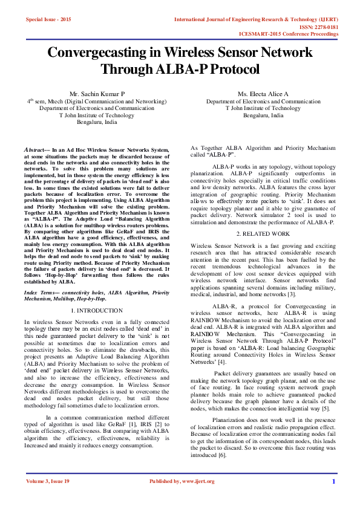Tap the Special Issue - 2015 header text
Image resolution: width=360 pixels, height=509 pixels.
(48, 20)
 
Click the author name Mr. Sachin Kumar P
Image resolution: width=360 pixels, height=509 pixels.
(97, 94)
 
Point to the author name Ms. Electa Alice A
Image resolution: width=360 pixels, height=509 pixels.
(263, 94)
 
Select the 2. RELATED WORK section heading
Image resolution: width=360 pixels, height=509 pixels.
(263, 250)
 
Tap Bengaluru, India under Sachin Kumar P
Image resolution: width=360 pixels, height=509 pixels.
(97, 122)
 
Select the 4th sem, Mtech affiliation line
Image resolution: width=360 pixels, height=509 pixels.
(97, 102)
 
